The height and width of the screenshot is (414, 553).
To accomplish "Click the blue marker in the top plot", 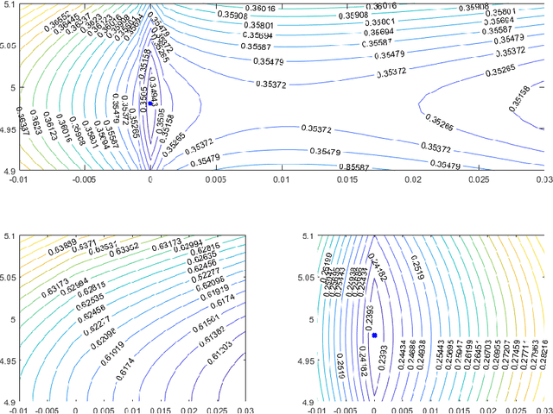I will click(151, 103).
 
